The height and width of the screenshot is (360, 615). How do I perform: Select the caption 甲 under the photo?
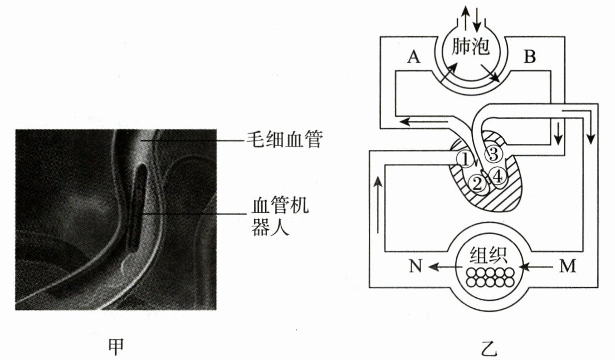click(x=115, y=346)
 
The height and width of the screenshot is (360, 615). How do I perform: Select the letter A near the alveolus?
click(x=413, y=57)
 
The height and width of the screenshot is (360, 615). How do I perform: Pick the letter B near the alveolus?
click(x=530, y=57)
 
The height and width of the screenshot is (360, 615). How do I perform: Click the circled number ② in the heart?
click(x=477, y=183)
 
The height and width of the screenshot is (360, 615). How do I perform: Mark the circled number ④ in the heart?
click(x=497, y=176)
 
